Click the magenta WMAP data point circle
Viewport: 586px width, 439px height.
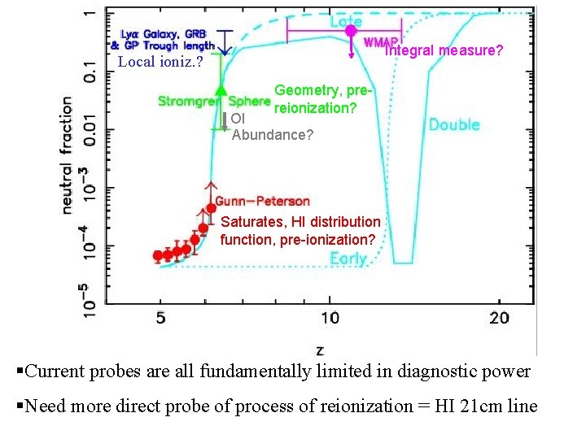(351, 30)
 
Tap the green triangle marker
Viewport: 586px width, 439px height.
(220, 90)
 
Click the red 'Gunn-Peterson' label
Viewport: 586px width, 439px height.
(262, 201)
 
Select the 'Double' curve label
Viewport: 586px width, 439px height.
(453, 125)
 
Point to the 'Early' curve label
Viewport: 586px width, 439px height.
(348, 259)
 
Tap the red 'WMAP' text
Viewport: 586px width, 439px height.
(380, 42)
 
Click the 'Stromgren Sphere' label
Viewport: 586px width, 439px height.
(212, 102)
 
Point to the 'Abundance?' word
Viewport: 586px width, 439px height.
(272, 135)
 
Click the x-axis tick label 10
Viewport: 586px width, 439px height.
(330, 316)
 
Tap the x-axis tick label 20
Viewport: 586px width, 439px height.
(499, 316)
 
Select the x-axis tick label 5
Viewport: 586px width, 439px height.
(160, 316)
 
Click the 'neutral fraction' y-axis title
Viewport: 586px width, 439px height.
(69, 156)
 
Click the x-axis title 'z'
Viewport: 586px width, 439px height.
(319, 350)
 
